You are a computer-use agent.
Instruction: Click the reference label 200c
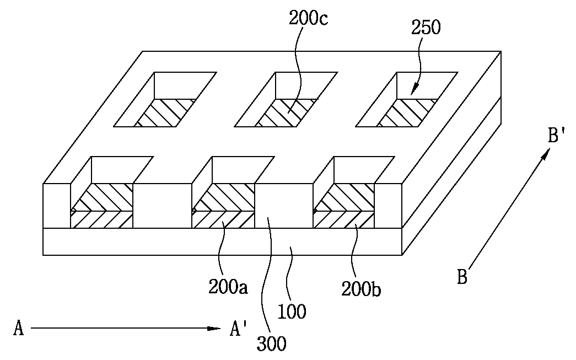pyautogui.click(x=308, y=18)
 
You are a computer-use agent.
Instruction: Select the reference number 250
pyautogui.click(x=426, y=27)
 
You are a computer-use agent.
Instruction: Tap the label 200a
pyautogui.click(x=228, y=287)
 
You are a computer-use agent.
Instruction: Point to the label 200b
pyautogui.click(x=361, y=289)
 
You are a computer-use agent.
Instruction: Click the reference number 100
pyautogui.click(x=292, y=312)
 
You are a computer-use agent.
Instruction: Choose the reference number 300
pyautogui.click(x=272, y=344)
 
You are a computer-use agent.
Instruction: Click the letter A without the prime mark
pyautogui.click(x=18, y=327)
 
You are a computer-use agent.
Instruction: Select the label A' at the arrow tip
pyautogui.click(x=239, y=327)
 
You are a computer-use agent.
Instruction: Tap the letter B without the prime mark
pyautogui.click(x=462, y=277)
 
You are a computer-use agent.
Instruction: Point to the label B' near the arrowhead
pyautogui.click(x=556, y=135)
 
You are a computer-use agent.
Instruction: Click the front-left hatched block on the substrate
pyautogui.click(x=101, y=206)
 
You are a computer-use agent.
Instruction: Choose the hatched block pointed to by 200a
pyautogui.click(x=223, y=206)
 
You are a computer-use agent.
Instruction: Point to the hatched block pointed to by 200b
pyautogui.click(x=343, y=206)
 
